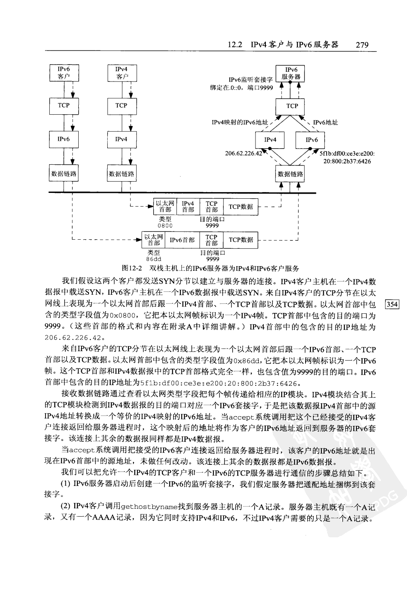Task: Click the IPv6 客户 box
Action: (63, 72)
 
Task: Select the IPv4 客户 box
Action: (121, 72)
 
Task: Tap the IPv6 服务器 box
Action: (292, 73)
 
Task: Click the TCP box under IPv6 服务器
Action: (292, 106)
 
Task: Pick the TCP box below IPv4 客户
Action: (121, 106)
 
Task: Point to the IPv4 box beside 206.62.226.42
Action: (270, 140)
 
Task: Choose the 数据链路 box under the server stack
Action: (290, 174)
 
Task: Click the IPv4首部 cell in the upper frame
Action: (188, 206)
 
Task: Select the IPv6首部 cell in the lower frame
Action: (182, 240)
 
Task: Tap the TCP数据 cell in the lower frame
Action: (241, 240)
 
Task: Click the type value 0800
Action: (165, 226)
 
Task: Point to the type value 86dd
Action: (153, 259)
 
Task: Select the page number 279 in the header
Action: (361, 45)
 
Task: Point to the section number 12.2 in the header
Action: (235, 45)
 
